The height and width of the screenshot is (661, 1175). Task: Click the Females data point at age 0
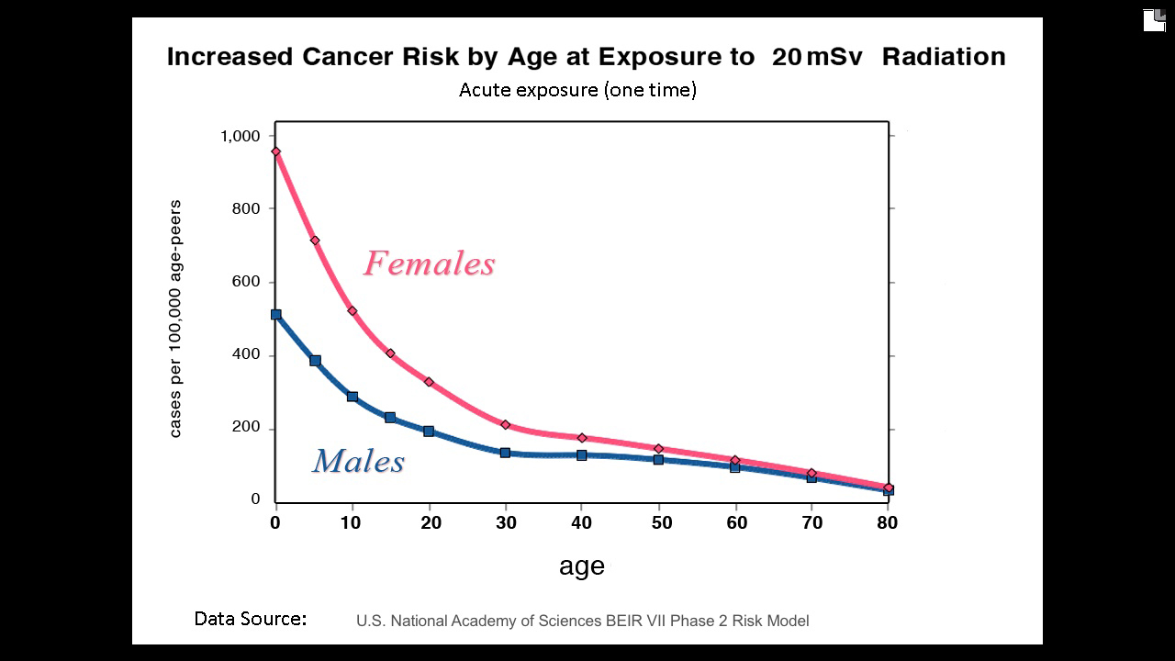[x=275, y=151]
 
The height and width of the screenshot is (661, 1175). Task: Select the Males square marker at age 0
[x=275, y=315]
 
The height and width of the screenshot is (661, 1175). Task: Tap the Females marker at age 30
[x=506, y=424]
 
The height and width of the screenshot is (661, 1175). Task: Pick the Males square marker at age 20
[x=429, y=431]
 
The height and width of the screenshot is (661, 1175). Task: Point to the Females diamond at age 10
[x=352, y=310]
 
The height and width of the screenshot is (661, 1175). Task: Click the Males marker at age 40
[x=582, y=454]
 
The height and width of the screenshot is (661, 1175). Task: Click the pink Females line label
[x=429, y=263]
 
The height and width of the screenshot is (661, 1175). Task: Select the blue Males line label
[x=358, y=461]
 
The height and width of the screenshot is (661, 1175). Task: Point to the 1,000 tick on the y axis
[x=241, y=136]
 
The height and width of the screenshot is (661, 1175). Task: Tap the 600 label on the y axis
[x=246, y=282]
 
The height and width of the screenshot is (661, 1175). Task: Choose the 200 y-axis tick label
[x=246, y=429]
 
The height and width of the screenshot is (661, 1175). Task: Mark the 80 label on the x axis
[x=887, y=523]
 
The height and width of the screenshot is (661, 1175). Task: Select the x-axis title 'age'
[x=582, y=566]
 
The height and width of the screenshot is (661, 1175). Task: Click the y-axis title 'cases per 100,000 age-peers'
[x=175, y=319]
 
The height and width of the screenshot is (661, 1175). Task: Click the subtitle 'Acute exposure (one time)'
[x=577, y=90]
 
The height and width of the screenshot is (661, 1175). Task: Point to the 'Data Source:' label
[x=250, y=619]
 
